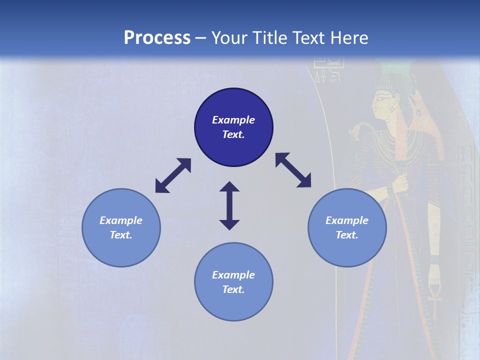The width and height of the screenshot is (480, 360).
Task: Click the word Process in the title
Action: (157, 38)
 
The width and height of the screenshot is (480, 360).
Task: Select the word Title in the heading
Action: (269, 38)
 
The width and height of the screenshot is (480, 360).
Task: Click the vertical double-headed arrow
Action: (229, 206)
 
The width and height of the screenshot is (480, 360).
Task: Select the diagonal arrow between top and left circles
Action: (173, 175)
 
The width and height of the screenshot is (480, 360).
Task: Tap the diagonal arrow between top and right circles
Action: (293, 170)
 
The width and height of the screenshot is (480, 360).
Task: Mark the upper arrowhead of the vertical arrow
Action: (229, 187)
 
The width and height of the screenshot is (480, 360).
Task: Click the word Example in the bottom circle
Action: (233, 275)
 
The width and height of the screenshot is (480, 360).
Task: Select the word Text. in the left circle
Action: (121, 235)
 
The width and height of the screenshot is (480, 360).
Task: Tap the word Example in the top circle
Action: (233, 120)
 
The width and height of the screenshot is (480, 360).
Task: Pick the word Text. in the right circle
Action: (347, 235)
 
